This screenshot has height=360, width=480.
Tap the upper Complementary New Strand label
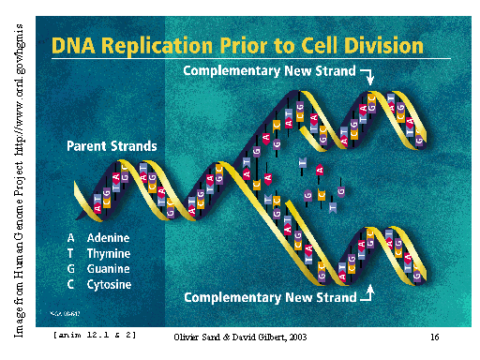269,71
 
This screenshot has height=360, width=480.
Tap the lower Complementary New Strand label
270,297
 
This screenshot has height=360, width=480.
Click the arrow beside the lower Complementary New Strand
367,294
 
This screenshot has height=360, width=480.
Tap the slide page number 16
435,337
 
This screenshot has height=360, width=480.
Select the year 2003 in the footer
294,337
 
